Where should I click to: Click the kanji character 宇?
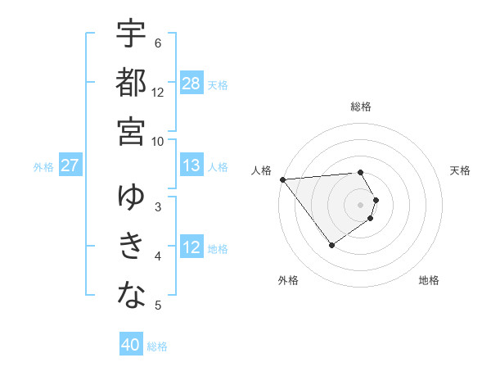point(131,34)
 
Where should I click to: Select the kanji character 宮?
point(131,131)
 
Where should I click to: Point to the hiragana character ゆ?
point(131,197)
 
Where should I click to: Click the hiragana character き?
point(131,247)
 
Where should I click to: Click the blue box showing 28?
point(191,83)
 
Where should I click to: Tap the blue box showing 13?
point(191,166)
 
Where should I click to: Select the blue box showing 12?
point(191,247)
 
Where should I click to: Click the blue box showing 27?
point(70,166)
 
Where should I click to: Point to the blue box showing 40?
point(131,345)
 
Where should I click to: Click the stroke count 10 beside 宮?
point(159,140)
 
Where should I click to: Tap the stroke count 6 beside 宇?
point(158,43)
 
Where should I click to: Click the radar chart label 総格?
point(361,106)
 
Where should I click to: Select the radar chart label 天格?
point(461,170)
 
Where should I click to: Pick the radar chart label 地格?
point(429,280)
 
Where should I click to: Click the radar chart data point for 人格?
point(282,179)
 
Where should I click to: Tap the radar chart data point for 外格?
point(331,245)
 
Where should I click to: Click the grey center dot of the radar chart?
point(360,204)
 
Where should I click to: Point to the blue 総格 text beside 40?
point(157,346)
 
